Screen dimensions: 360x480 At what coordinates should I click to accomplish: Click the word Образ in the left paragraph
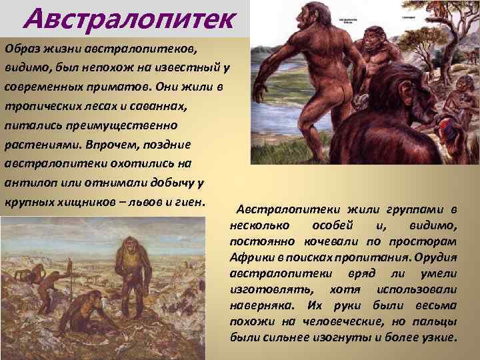[x=23, y=48]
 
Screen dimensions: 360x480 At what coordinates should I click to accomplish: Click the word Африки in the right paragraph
[x=251, y=257]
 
